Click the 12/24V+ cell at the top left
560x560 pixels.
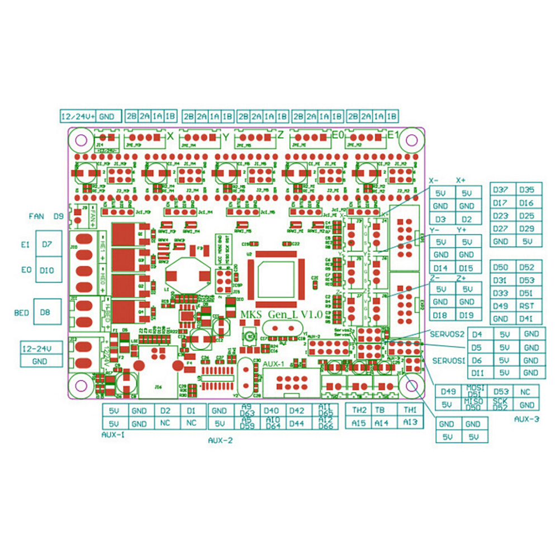pyautogui.click(x=78, y=116)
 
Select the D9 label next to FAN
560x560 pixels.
pyautogui.click(x=59, y=216)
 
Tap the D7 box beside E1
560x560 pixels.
pyautogui.click(x=46, y=244)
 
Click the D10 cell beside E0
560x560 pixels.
pyautogui.click(x=46, y=270)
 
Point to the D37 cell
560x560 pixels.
pyautogui.click(x=501, y=189)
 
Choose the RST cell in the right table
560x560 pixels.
pyautogui.click(x=526, y=306)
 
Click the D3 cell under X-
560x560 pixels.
pyautogui.click(x=441, y=220)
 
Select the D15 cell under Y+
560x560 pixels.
pyautogui.click(x=467, y=268)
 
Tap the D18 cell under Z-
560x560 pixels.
pyautogui.click(x=441, y=316)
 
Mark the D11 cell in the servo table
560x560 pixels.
pyautogui.click(x=477, y=373)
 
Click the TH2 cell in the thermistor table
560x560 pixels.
pyautogui.click(x=359, y=410)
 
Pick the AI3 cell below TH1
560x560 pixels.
pyautogui.click(x=410, y=423)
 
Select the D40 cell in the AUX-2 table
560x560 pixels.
pyautogui.click(x=271, y=411)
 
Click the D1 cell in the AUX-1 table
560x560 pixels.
pyautogui.click(x=192, y=411)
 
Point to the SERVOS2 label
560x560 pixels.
pyautogui.click(x=447, y=334)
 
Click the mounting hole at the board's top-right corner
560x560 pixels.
pyautogui.click(x=412, y=139)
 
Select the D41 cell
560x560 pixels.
pyautogui.click(x=526, y=319)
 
